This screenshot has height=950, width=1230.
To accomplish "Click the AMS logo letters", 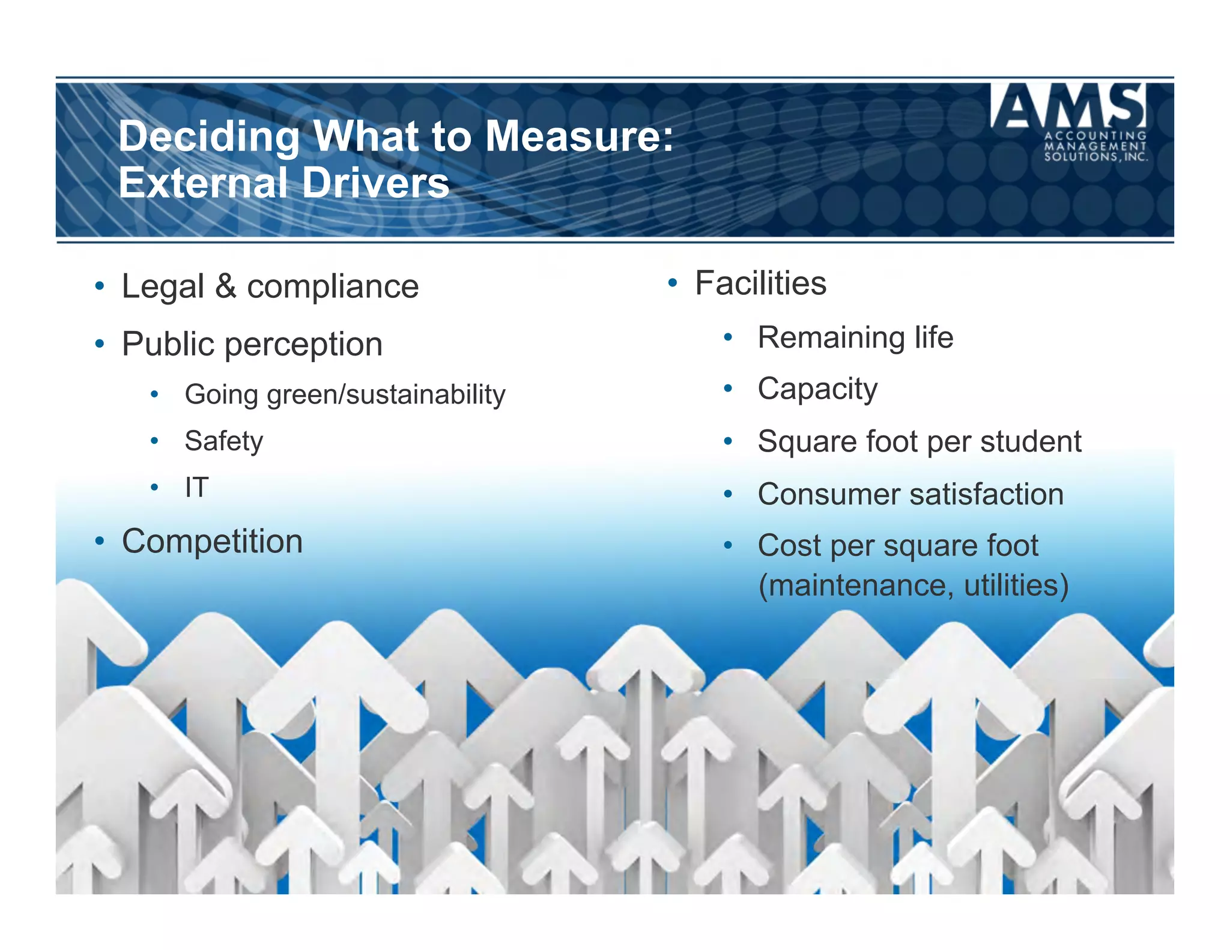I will click(1068, 106).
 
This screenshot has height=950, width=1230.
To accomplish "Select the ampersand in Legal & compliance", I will click(226, 286).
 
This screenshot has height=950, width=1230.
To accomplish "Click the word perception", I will click(303, 345).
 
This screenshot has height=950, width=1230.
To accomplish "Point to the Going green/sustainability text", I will click(345, 395).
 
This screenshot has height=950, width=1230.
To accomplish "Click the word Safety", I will click(223, 441).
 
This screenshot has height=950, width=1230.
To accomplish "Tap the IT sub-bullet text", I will click(196, 487).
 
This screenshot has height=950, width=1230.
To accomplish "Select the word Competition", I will click(212, 542).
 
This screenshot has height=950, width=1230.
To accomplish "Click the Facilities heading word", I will click(760, 283).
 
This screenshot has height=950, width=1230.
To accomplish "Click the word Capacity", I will click(817, 389).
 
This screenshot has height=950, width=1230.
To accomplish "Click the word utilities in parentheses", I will click(1016, 585).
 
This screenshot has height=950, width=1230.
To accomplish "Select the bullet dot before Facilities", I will click(673, 282).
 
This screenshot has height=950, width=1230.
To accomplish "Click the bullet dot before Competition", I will click(100, 541).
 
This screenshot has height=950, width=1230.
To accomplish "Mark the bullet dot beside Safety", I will click(154, 441).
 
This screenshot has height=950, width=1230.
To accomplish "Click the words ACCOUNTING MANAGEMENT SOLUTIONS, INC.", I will click(1095, 147).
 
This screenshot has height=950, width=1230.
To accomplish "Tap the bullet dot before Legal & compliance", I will click(100, 286).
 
